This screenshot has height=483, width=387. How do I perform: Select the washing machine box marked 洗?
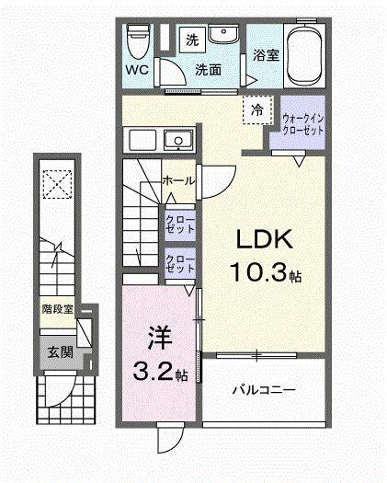click(191, 39)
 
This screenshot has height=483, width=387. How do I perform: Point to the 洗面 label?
click(208, 70)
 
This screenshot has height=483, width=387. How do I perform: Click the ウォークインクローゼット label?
click(303, 123)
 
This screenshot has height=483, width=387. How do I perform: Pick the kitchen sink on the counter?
click(176, 140)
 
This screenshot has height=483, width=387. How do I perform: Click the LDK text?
click(266, 241)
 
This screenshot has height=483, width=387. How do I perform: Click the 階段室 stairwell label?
click(57, 310)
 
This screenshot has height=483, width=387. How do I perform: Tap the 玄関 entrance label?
click(61, 351)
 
